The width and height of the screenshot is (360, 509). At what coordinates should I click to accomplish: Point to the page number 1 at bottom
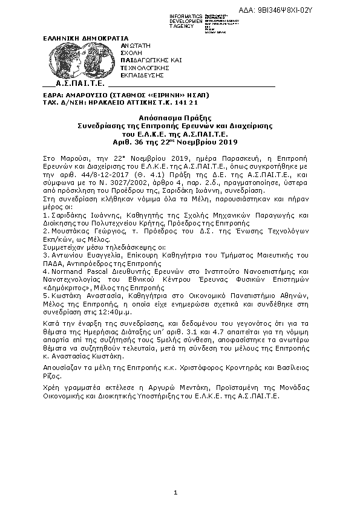(175, 493)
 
